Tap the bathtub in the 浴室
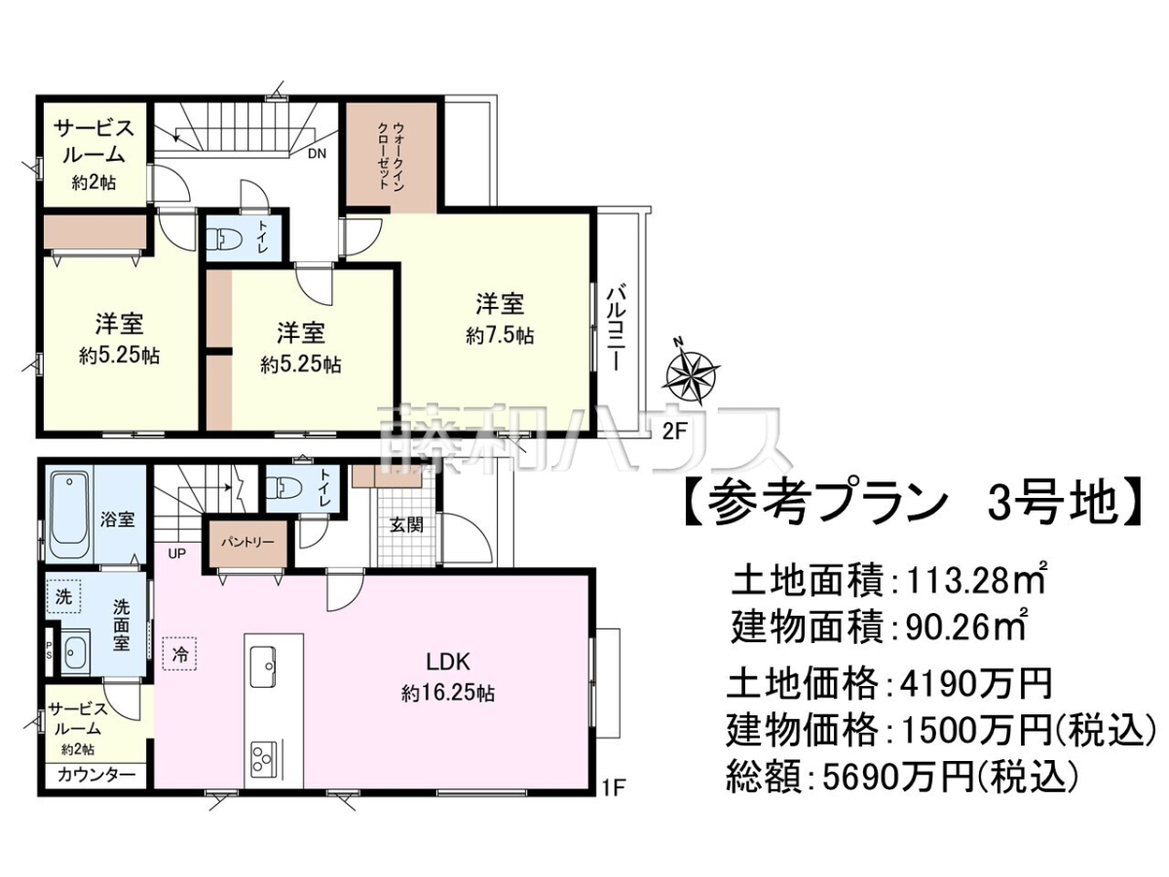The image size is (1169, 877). (x=69, y=516)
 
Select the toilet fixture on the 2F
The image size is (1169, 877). (x=223, y=239)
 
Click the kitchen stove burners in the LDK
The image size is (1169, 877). (x=264, y=758)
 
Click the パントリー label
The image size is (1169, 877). (x=247, y=543)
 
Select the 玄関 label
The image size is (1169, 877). (x=406, y=525)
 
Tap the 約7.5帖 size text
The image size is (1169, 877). (x=500, y=336)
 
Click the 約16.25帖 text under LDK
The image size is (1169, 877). (x=447, y=693)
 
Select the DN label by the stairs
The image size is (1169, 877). (x=317, y=154)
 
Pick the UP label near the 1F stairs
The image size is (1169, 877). (x=176, y=553)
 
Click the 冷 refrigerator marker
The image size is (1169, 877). (x=180, y=654)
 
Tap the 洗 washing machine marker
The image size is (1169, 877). (x=63, y=596)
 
